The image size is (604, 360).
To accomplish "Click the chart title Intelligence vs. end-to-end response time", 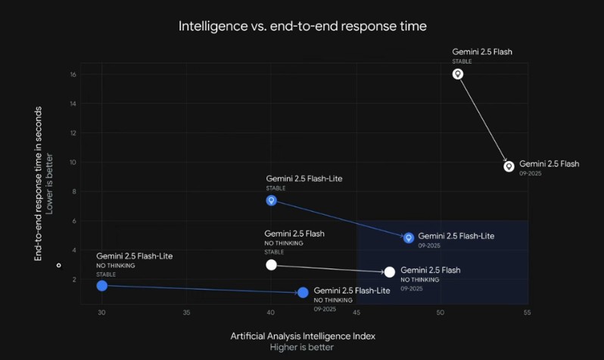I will click(x=302, y=26).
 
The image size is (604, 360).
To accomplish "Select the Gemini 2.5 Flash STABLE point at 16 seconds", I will click(x=457, y=74).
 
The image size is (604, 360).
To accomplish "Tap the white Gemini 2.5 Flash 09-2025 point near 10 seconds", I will click(x=509, y=166).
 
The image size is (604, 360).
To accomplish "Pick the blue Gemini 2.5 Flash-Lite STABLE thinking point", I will click(x=271, y=200).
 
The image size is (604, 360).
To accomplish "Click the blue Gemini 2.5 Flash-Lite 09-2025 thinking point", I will click(x=409, y=237).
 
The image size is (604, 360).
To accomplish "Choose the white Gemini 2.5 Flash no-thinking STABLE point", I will click(x=271, y=265).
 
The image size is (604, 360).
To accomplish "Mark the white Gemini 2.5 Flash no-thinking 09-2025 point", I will click(x=390, y=272).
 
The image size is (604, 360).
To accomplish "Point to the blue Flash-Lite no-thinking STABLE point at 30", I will click(x=102, y=286).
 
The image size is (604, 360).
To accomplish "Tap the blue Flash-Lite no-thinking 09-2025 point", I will click(x=303, y=292).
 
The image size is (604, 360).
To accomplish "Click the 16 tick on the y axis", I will click(x=73, y=75).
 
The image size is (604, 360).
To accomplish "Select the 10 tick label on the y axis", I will click(x=73, y=163).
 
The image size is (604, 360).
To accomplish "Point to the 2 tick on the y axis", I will click(x=74, y=280).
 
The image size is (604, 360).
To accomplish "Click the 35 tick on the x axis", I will click(x=186, y=311).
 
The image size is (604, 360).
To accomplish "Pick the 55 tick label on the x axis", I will click(x=525, y=311).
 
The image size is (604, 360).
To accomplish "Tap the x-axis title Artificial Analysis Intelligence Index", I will click(x=302, y=335).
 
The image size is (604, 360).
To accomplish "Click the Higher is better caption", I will click(x=302, y=348).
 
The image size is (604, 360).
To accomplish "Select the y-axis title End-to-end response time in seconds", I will click(x=38, y=184).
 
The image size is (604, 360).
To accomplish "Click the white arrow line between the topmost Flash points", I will click(x=483, y=119).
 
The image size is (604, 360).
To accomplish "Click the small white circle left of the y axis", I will click(x=59, y=265).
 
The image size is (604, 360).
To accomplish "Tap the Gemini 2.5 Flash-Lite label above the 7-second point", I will click(x=304, y=178).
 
